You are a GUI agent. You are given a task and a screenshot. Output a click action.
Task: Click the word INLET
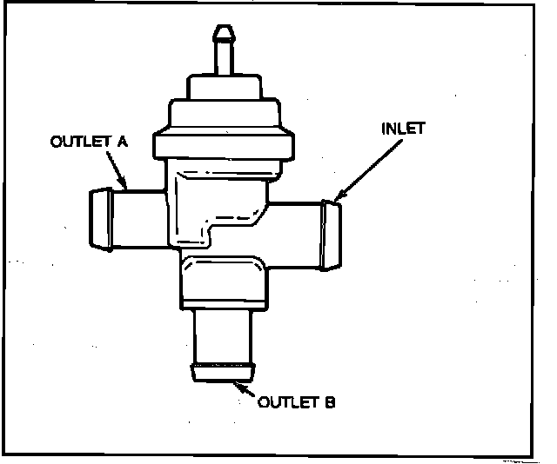pos(403,129)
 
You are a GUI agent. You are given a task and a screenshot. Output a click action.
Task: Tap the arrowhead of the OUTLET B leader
pos(237,383)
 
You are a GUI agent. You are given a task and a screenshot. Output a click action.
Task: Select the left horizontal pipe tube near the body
pos(139,217)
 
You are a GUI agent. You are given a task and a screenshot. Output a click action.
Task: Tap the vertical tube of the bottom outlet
pos(223,335)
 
